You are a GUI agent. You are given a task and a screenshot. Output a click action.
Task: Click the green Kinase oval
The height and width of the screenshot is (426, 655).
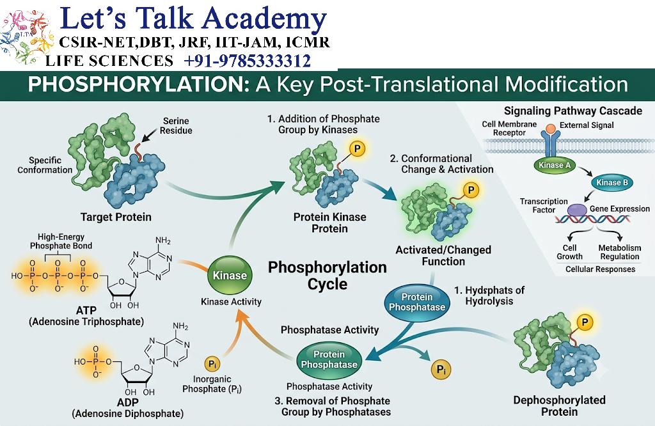coord(230,275)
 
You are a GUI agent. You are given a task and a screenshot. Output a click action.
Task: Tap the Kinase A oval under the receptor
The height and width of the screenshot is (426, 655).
coord(555,165)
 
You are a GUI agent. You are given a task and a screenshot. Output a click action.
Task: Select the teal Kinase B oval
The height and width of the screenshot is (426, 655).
coord(612,182)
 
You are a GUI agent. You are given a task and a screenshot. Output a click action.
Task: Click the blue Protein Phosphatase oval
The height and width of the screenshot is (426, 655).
coord(417,302)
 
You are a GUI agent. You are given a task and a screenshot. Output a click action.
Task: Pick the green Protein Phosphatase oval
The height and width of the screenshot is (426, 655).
coord(329,359)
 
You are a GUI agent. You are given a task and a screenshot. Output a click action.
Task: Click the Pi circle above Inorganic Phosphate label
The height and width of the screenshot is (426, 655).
coord(212,364)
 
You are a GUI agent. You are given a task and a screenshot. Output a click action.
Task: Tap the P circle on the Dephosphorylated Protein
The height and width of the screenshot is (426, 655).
coord(585,322)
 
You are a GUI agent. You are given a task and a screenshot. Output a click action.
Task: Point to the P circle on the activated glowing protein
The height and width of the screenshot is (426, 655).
coord(471,190)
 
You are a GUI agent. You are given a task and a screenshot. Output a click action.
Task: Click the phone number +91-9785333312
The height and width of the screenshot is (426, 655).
coord(248,61)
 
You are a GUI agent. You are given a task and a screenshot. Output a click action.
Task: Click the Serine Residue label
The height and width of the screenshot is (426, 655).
coord(176,126)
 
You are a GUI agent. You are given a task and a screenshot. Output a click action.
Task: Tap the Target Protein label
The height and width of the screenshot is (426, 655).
coord(116,217)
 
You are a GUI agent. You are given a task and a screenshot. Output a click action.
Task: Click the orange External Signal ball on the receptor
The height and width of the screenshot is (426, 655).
coord(551,128)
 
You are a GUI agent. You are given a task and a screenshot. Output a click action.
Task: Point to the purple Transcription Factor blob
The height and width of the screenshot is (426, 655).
coord(577,210)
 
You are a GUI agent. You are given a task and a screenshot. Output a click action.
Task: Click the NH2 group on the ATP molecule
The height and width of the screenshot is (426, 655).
coord(163,241)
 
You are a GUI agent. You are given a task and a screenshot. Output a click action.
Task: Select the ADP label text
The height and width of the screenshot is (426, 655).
coord(127,402)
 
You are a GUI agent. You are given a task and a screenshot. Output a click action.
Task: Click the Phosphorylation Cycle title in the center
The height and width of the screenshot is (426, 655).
coord(327,276)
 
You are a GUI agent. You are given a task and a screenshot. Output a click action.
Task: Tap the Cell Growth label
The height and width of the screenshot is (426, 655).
coord(569,252)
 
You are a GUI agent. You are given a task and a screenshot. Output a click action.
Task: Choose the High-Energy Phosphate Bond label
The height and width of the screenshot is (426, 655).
coord(61,241)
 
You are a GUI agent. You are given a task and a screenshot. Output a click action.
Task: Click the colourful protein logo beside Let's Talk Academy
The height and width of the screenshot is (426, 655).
coord(27,38)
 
